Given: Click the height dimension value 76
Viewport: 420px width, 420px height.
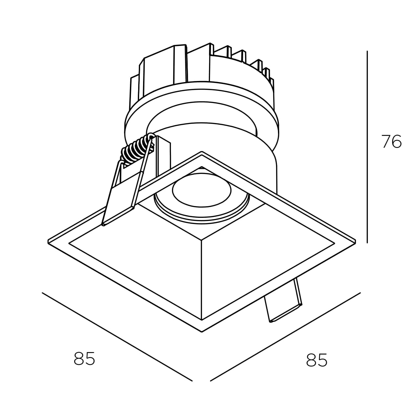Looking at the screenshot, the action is pyautogui.click(x=391, y=141).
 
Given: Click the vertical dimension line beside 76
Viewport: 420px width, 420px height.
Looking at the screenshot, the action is pyautogui.click(x=367, y=147).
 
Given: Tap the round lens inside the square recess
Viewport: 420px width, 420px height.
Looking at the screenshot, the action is pyautogui.click(x=201, y=190).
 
